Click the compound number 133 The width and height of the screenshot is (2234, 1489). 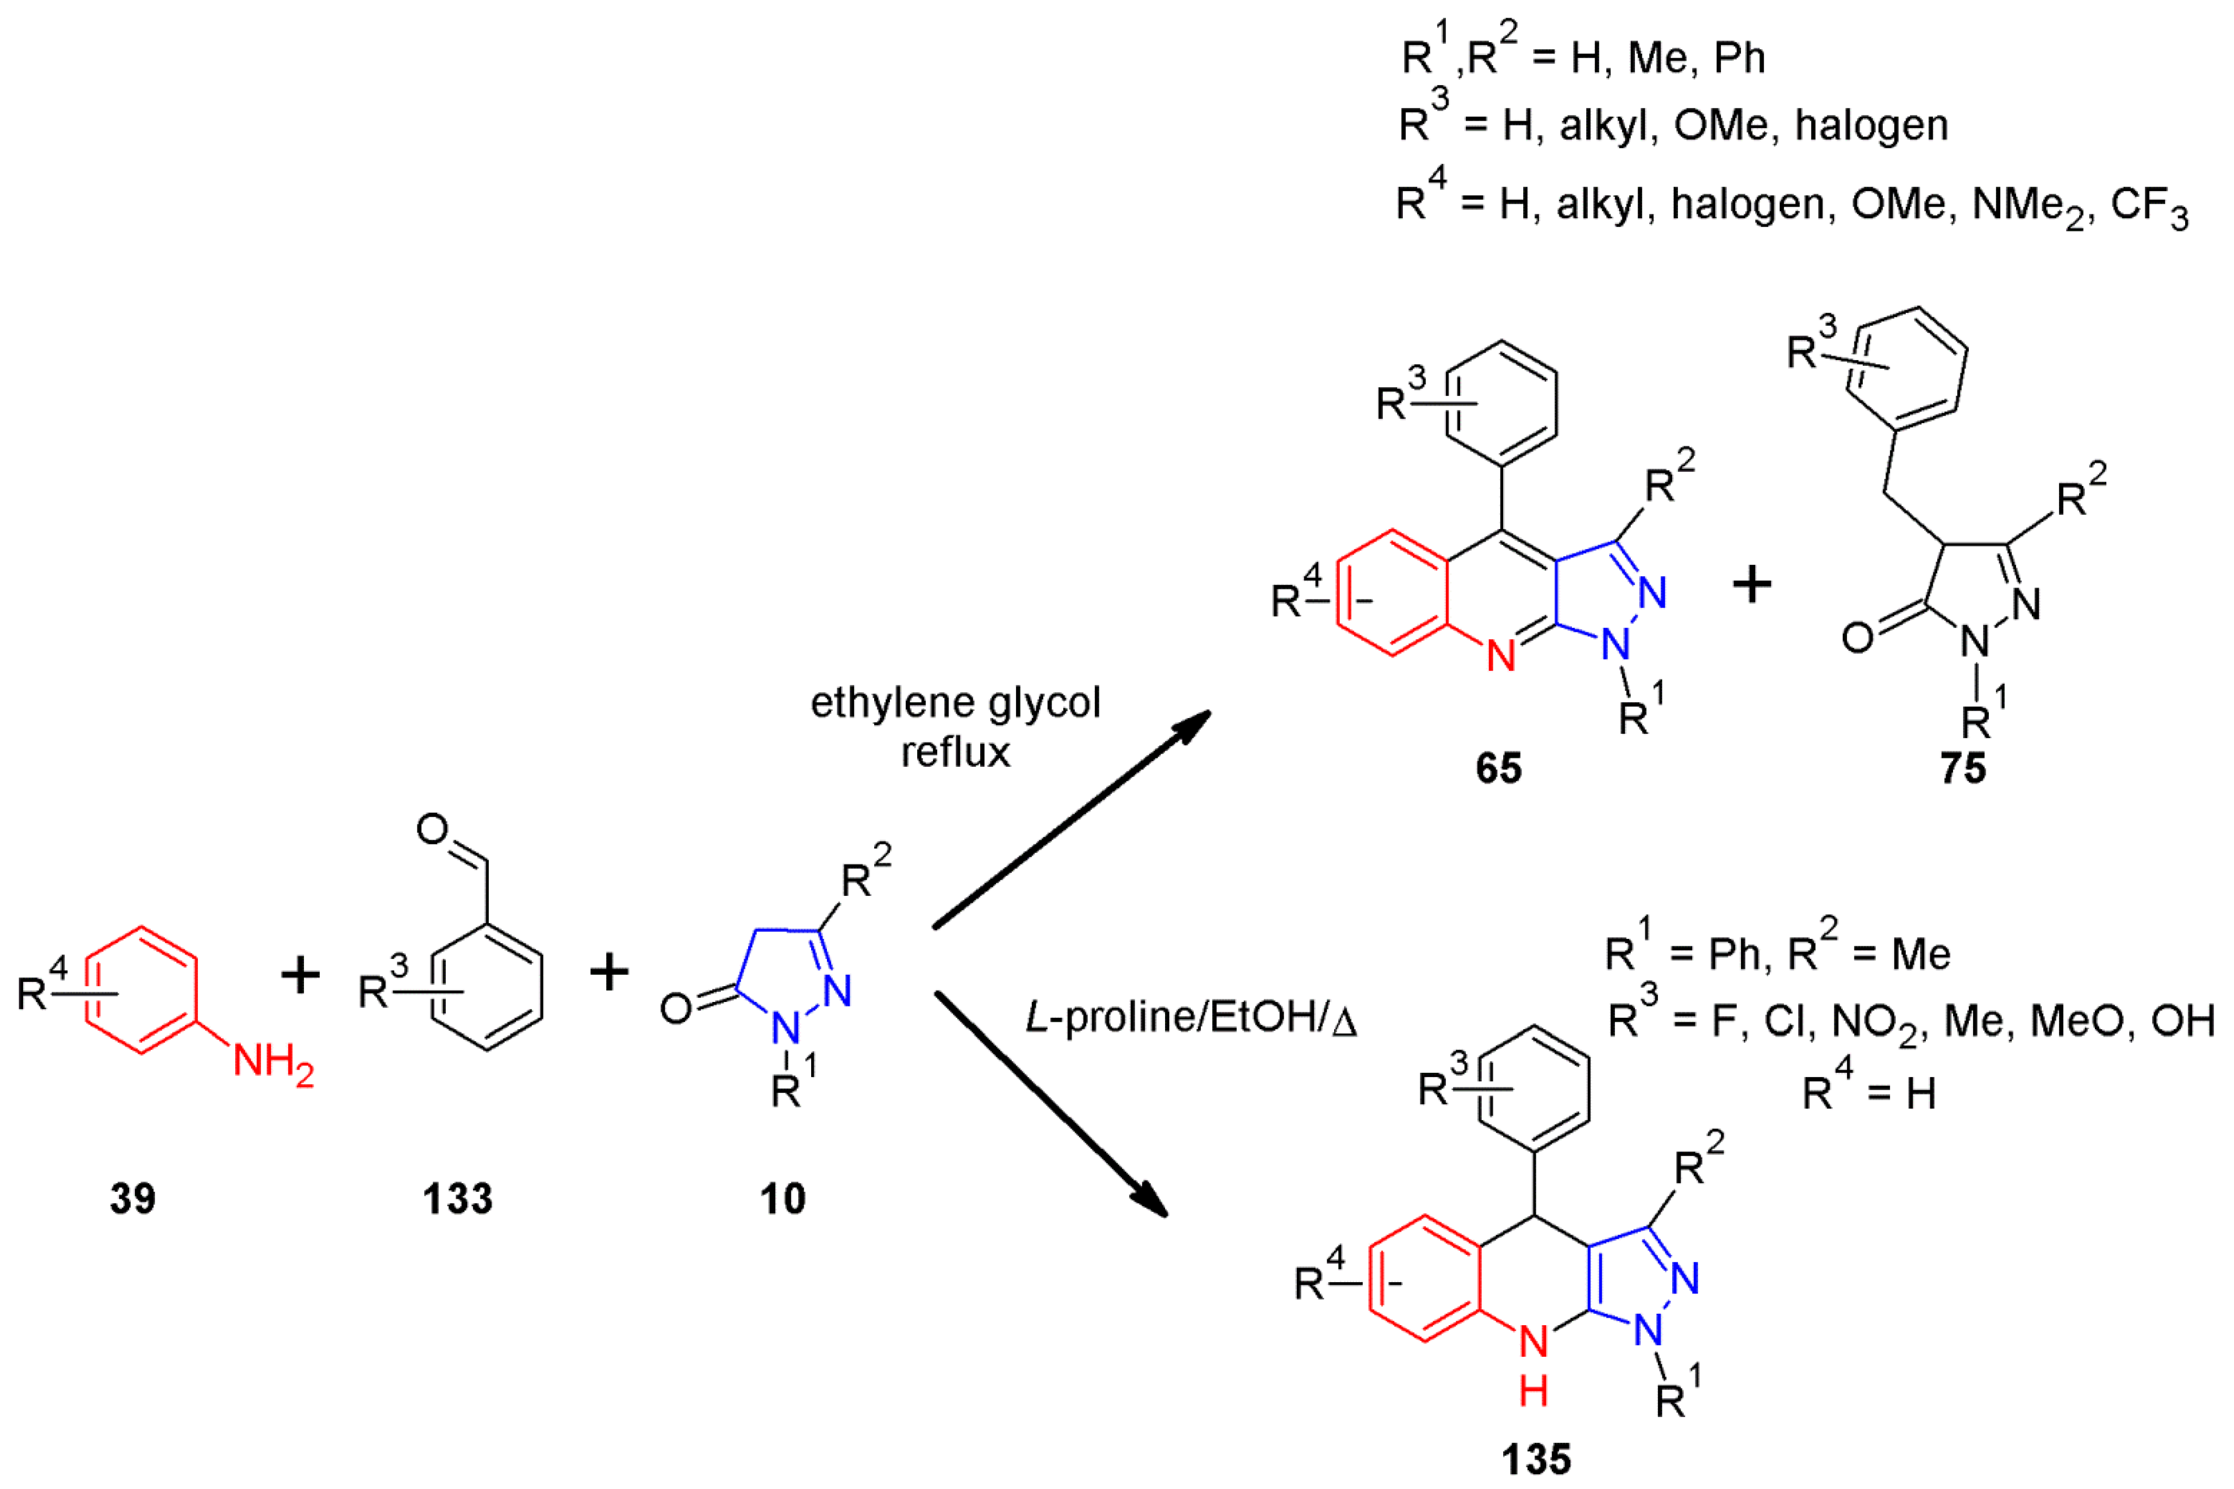458,1198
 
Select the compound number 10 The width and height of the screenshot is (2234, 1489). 783,1198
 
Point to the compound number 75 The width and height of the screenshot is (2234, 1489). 1963,767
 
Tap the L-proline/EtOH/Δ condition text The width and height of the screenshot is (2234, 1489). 1191,1017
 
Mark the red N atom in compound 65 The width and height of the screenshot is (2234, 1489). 1501,656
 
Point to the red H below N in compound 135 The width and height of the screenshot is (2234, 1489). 1534,1392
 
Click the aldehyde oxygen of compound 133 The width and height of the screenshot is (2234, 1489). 433,830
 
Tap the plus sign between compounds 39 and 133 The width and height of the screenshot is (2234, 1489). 301,975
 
